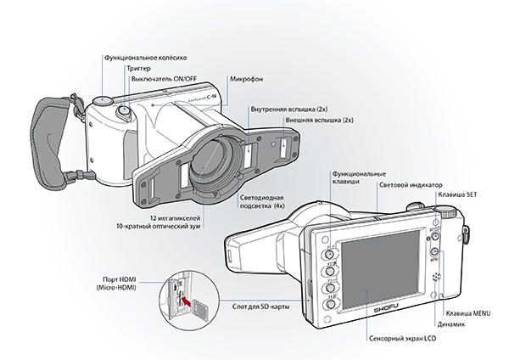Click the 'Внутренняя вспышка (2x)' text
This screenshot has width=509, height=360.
(x=282, y=110)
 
